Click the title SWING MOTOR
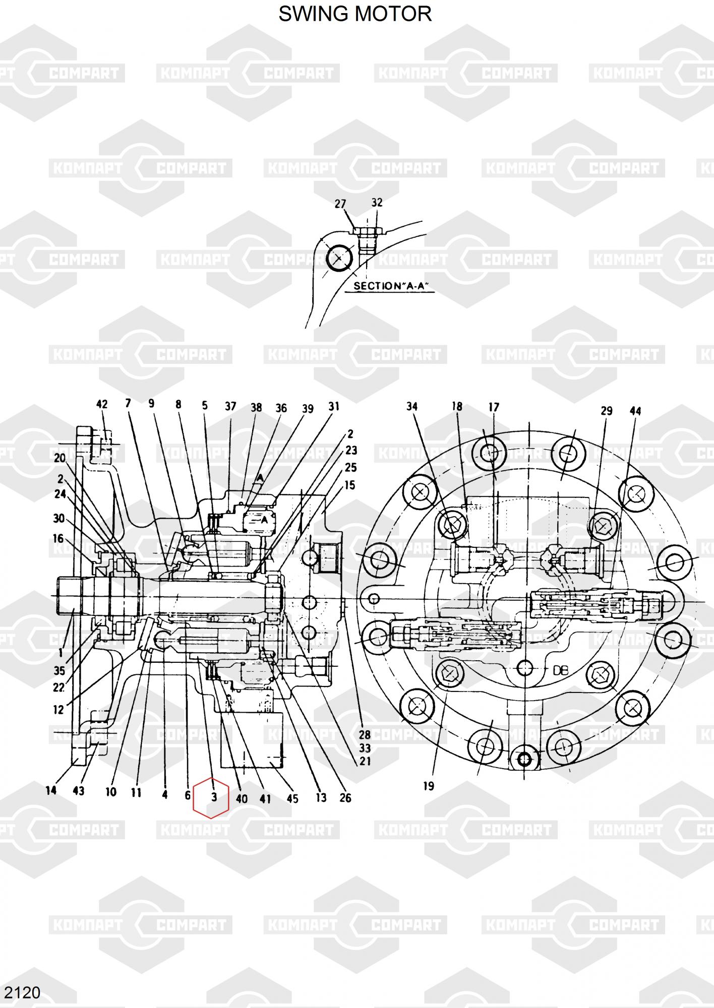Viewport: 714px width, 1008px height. [355, 14]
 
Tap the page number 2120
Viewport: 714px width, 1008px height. [22, 992]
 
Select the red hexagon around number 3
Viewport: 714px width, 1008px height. [211, 797]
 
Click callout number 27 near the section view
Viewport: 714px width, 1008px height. [340, 204]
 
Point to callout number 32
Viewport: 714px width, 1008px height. [377, 202]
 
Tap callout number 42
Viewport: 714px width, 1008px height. [102, 404]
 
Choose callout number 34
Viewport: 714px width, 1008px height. [412, 406]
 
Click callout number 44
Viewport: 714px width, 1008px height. [635, 411]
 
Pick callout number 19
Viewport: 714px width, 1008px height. [429, 786]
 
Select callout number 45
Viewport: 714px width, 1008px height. [292, 798]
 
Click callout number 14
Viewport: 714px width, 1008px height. [51, 790]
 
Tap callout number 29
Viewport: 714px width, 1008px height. [606, 411]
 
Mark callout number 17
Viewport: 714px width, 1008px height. [494, 407]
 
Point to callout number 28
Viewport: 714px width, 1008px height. [365, 735]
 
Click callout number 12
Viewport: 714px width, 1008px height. [58, 710]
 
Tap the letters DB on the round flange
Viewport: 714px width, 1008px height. [561, 670]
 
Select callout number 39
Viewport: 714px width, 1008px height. [308, 409]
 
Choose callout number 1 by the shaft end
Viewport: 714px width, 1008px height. [61, 653]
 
